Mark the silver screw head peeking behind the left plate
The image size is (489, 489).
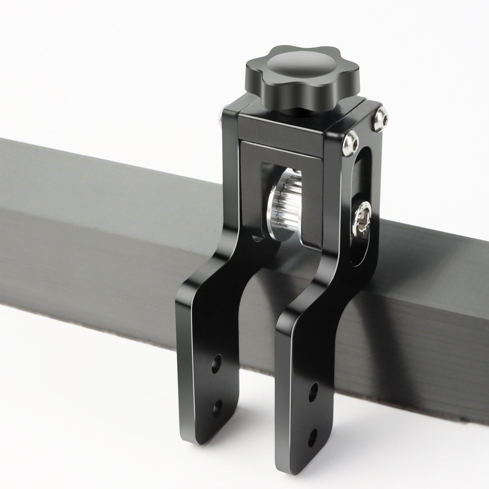221,117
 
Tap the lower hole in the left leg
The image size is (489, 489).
217,408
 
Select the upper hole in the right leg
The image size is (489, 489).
313,392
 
